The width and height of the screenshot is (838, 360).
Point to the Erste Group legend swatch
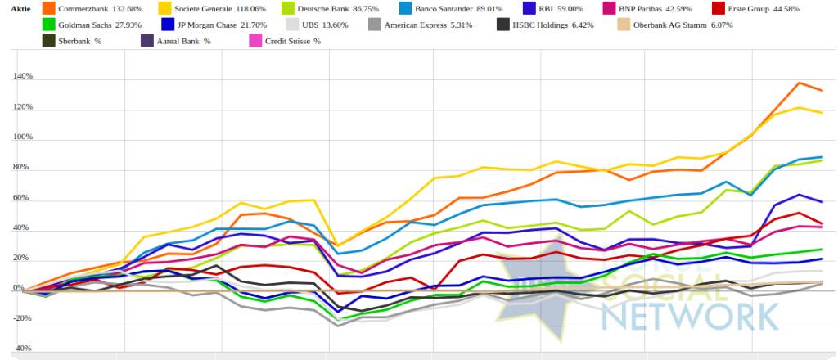coord(718,9)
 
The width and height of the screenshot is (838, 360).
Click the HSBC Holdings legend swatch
coord(504,25)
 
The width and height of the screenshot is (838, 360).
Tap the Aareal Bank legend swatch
coord(147,40)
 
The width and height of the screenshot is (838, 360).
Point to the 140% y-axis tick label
coord(22,77)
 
